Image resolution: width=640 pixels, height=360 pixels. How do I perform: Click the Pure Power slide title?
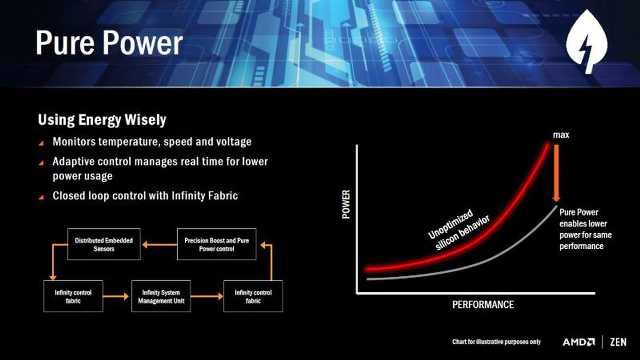click(x=109, y=43)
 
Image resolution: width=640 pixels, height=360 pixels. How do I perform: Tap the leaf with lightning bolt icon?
click(x=587, y=41)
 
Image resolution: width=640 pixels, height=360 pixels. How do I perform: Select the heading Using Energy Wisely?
click(x=102, y=120)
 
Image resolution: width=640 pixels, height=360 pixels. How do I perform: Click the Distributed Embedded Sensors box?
click(x=104, y=244)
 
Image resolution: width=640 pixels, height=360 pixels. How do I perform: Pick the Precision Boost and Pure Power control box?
click(x=217, y=244)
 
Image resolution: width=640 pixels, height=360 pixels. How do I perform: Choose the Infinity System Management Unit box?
click(x=161, y=296)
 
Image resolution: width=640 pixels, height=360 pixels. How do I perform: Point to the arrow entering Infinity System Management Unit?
click(x=116, y=296)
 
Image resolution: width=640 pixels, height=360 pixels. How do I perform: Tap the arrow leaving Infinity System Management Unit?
click(x=207, y=296)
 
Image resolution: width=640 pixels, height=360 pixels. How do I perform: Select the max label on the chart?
click(x=561, y=135)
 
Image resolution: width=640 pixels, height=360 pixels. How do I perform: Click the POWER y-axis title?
click(x=346, y=204)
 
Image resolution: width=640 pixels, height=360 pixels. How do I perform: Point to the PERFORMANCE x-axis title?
click(x=483, y=305)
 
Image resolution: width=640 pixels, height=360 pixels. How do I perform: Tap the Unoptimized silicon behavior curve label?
click(x=459, y=229)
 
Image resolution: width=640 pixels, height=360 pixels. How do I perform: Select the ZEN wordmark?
click(x=618, y=342)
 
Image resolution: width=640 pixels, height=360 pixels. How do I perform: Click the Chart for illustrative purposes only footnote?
click(x=496, y=342)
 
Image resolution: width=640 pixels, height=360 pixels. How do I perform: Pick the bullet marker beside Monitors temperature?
click(x=41, y=143)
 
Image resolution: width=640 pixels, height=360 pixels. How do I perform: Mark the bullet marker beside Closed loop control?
click(x=41, y=197)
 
